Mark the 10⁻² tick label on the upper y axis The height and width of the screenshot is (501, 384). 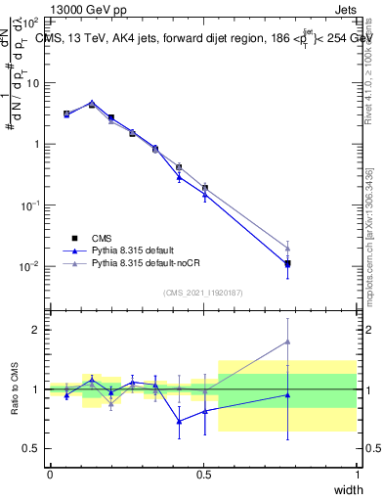click(31, 267)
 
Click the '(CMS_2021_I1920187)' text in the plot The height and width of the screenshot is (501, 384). click(203, 293)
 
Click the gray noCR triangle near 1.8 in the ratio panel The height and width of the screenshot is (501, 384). click(287, 342)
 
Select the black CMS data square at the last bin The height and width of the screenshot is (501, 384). click(287, 263)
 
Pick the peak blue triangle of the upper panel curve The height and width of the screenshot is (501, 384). click(92, 103)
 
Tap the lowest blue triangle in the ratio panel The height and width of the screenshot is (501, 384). click(179, 422)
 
